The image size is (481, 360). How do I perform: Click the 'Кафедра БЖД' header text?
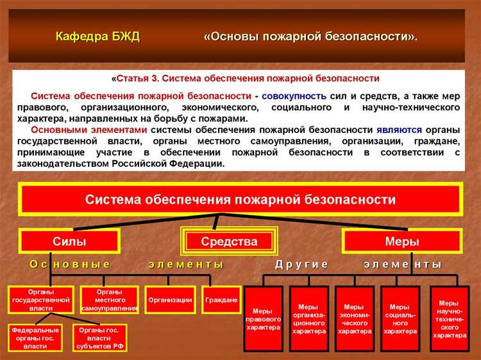click(97, 36)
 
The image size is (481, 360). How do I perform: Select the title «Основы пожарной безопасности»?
click(310, 36)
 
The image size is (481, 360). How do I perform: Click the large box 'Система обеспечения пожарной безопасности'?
click(240, 199)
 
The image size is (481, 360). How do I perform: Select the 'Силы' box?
click(69, 241)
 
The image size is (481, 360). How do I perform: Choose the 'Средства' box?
click(229, 241)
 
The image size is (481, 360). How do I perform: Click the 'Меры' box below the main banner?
click(401, 241)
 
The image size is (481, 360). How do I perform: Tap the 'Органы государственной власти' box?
click(40, 300)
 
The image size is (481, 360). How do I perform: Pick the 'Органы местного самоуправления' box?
click(110, 300)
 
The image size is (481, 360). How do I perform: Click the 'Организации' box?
click(170, 300)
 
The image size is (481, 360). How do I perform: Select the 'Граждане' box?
click(221, 300)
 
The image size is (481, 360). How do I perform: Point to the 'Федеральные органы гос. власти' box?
click(35, 338)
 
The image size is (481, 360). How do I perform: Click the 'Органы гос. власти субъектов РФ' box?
click(99, 338)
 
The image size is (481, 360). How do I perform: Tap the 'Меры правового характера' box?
click(263, 318)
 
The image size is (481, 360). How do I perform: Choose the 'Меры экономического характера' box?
click(354, 318)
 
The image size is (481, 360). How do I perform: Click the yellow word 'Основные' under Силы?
click(70, 264)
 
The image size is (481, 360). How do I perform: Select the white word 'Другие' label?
click(301, 264)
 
